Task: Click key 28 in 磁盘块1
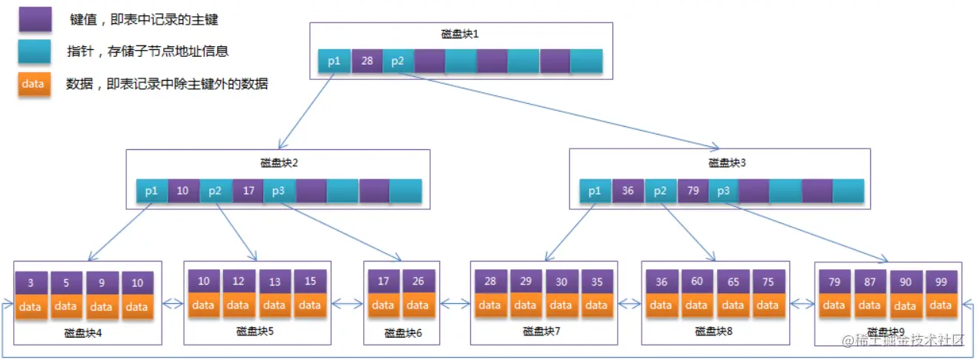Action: pos(367,62)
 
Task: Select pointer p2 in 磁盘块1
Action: pos(398,62)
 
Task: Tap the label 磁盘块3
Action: pos(727,162)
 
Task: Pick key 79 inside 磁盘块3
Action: pos(692,191)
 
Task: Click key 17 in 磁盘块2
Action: pos(248,191)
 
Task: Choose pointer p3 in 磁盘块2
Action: pos(279,191)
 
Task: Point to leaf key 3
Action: pos(31,282)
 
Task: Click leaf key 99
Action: pos(941,282)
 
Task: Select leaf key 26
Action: pos(417,282)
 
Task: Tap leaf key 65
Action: pos(733,282)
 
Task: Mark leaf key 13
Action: pos(274,282)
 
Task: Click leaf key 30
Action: pos(561,282)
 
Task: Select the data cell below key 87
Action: pos(870,305)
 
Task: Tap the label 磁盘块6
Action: pos(402,333)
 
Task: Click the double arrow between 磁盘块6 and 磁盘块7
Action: pos(455,304)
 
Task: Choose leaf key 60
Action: pos(697,282)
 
